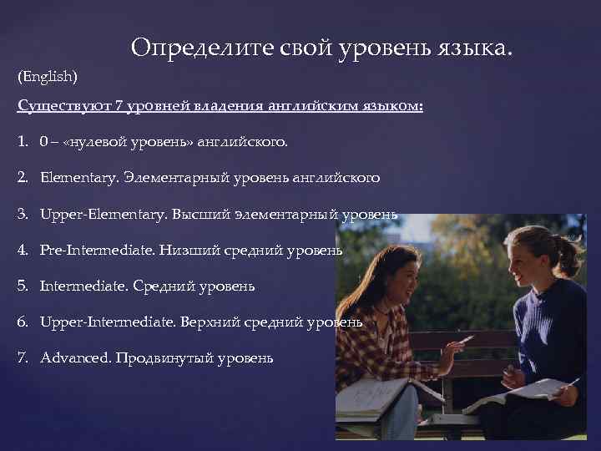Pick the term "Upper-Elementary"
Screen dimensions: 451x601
pyautogui.click(x=103, y=214)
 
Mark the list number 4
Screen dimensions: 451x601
pyautogui.click(x=23, y=250)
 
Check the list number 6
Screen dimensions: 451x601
pyautogui.click(x=23, y=322)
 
